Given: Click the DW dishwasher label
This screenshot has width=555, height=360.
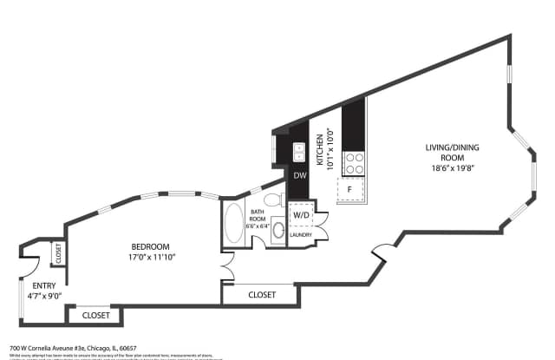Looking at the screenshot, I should [298, 176].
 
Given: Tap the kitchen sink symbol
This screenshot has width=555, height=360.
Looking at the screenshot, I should [298, 153].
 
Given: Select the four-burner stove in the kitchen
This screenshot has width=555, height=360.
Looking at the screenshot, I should [354, 164].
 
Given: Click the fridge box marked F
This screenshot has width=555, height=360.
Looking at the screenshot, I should [349, 189].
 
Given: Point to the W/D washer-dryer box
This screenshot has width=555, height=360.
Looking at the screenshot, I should [301, 214].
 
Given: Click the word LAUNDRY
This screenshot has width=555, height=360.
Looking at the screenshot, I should [301, 235].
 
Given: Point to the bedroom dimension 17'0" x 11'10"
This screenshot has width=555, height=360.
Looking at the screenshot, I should [151, 258].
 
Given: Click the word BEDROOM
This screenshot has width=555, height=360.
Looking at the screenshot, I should [151, 246].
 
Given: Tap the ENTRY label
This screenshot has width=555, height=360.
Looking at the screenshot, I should [44, 285].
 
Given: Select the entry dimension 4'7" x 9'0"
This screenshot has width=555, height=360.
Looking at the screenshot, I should [44, 297].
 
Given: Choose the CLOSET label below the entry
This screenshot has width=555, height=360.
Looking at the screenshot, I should [95, 315].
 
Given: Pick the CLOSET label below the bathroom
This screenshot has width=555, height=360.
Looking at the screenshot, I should [262, 295].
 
